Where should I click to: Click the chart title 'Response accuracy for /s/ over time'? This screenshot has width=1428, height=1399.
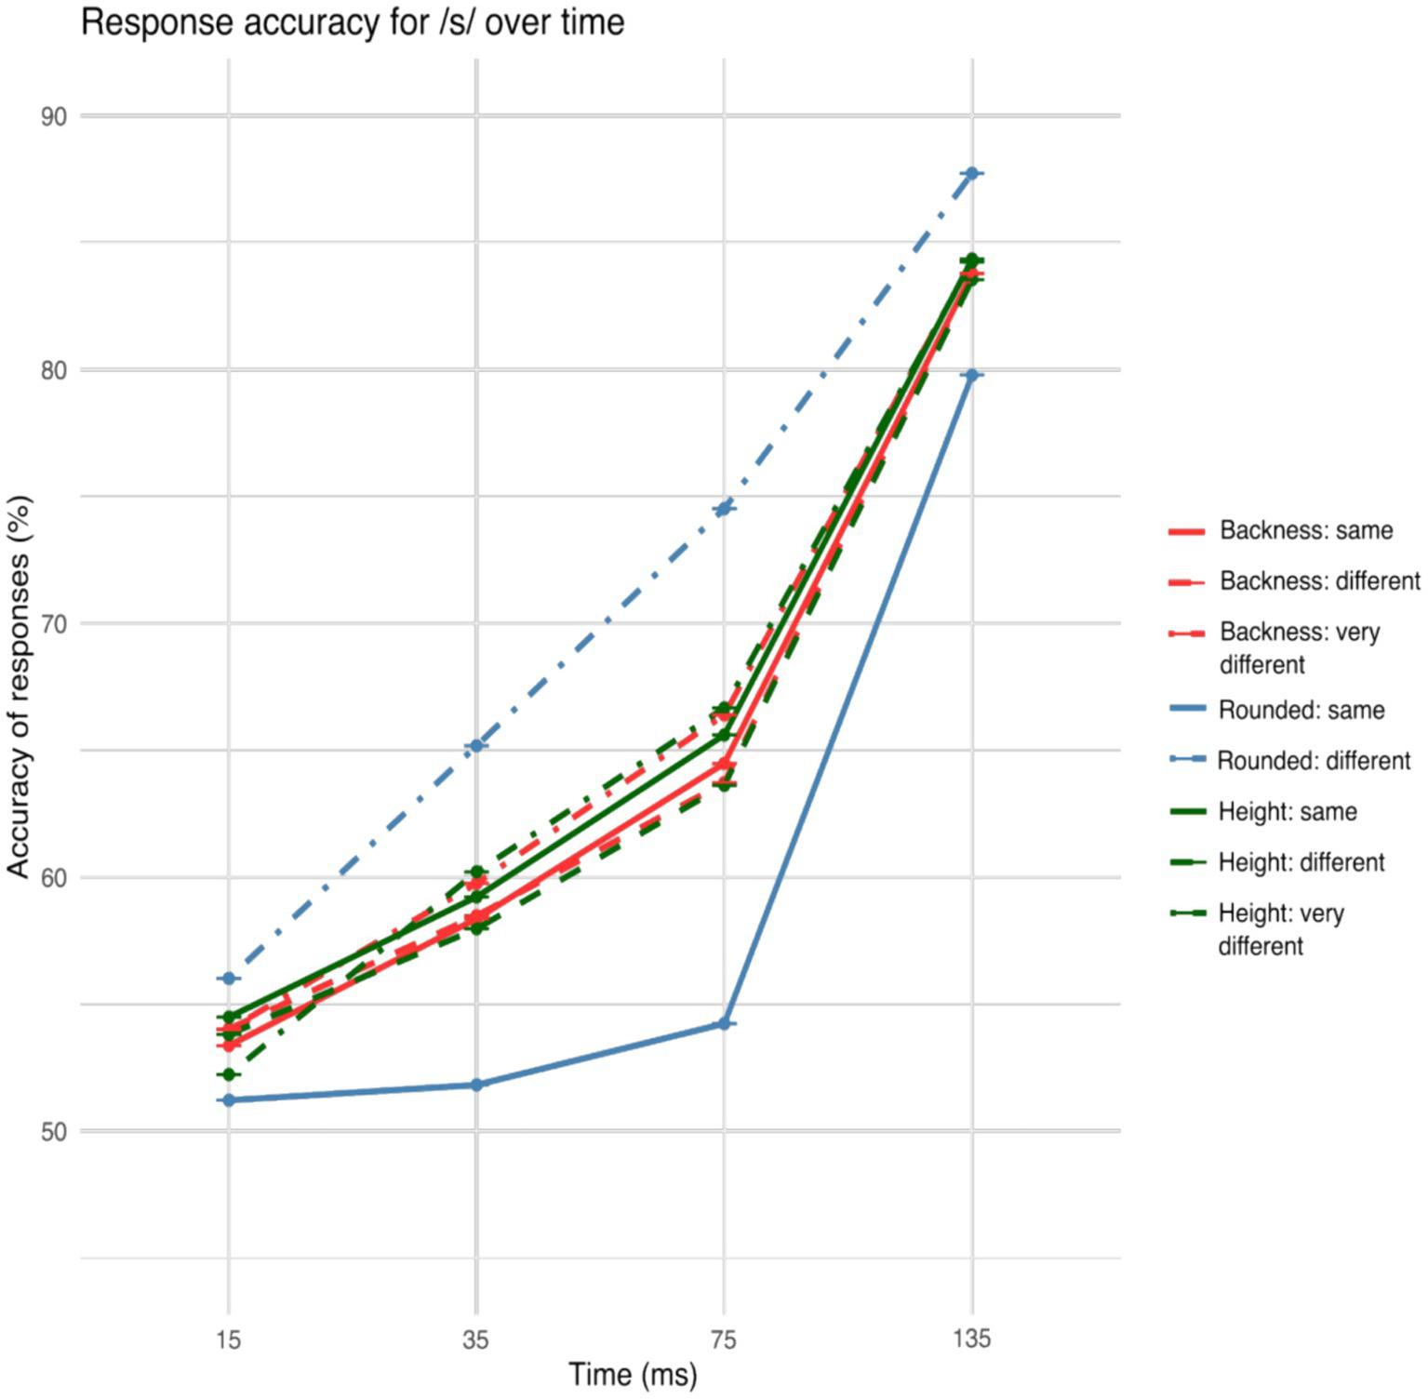pyautogui.click(x=353, y=22)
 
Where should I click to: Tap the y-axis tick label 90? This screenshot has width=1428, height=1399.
pyautogui.click(x=53, y=116)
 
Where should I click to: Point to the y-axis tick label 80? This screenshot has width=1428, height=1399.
pyautogui.click(x=53, y=370)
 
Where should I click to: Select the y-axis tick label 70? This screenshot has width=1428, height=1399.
pyautogui.click(x=53, y=624)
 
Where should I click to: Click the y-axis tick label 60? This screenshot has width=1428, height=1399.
pyautogui.click(x=53, y=878)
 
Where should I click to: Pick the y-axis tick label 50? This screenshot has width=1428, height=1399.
pyautogui.click(x=53, y=1132)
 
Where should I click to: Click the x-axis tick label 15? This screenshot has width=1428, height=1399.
pyautogui.click(x=229, y=1339)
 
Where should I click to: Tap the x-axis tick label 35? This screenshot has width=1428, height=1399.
pyautogui.click(x=476, y=1339)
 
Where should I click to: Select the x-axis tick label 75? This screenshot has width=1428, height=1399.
pyautogui.click(x=724, y=1339)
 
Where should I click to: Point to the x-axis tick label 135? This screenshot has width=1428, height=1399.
pyautogui.click(x=972, y=1339)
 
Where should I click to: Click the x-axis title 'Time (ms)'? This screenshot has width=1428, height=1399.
pyautogui.click(x=633, y=1375)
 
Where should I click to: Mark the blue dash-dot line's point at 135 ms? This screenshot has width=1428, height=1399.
pyautogui.click(x=972, y=174)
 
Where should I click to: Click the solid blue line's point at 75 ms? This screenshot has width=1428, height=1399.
pyautogui.click(x=724, y=1024)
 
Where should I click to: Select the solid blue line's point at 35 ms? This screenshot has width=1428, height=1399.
pyautogui.click(x=476, y=1085)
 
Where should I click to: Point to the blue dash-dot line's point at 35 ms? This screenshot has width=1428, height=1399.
pyautogui.click(x=476, y=746)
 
